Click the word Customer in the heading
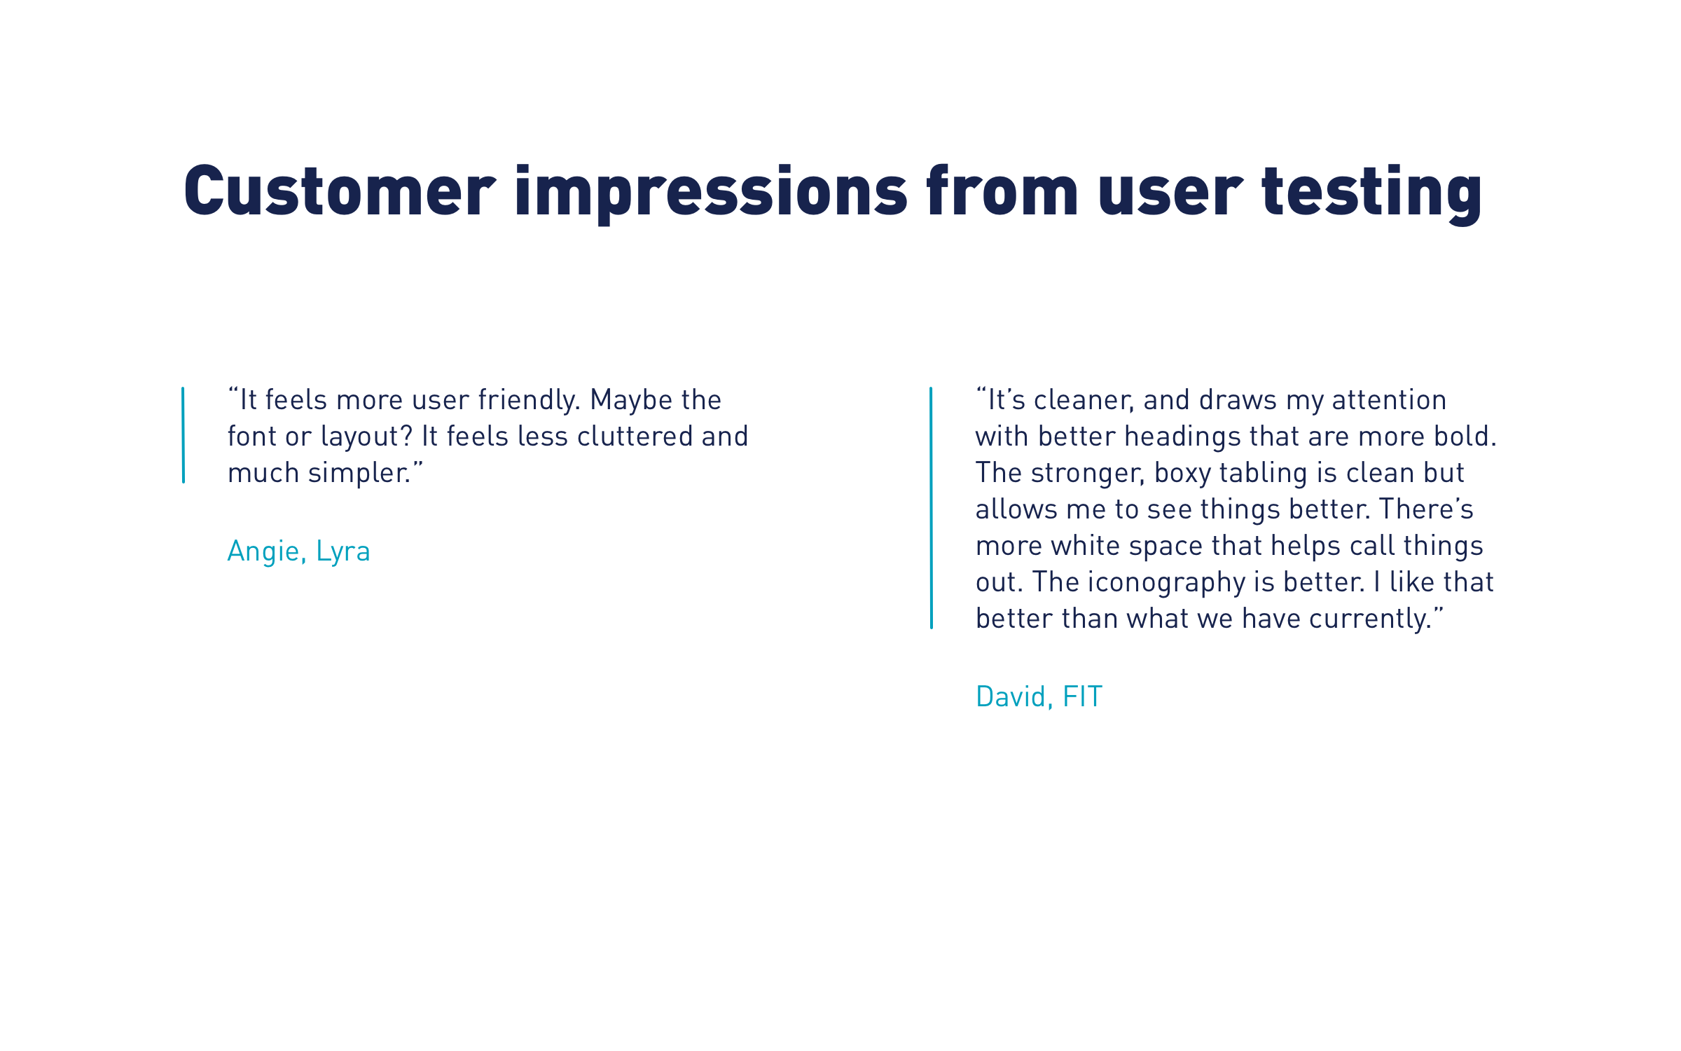click(x=340, y=191)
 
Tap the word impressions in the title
click(x=711, y=194)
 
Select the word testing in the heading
click(x=1371, y=194)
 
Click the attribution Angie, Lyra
click(x=299, y=552)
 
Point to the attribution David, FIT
click(x=1039, y=696)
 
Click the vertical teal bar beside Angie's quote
click(x=184, y=435)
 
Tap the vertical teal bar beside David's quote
click(x=931, y=508)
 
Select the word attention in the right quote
click(x=1389, y=401)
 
